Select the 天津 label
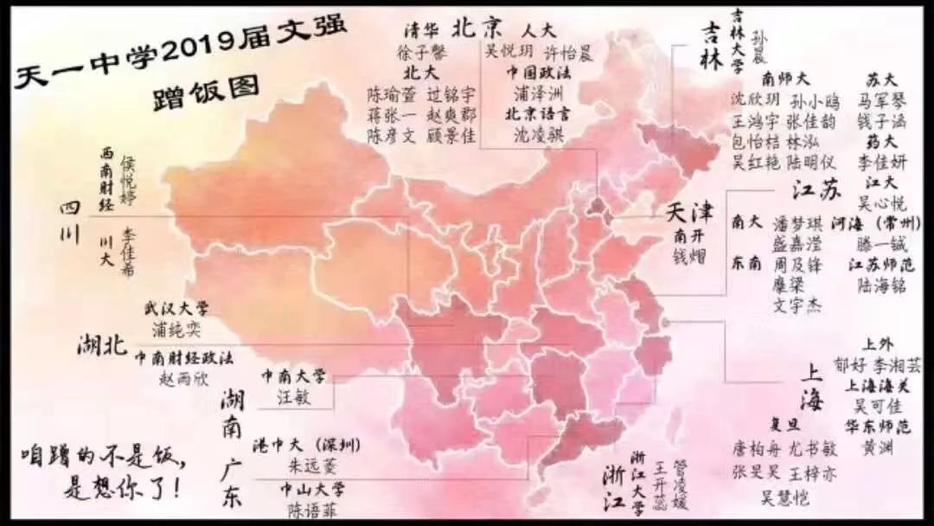point(689,213)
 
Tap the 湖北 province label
point(102,344)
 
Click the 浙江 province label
point(616,485)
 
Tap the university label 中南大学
point(294,375)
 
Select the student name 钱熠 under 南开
point(690,254)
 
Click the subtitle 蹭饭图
point(194,93)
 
